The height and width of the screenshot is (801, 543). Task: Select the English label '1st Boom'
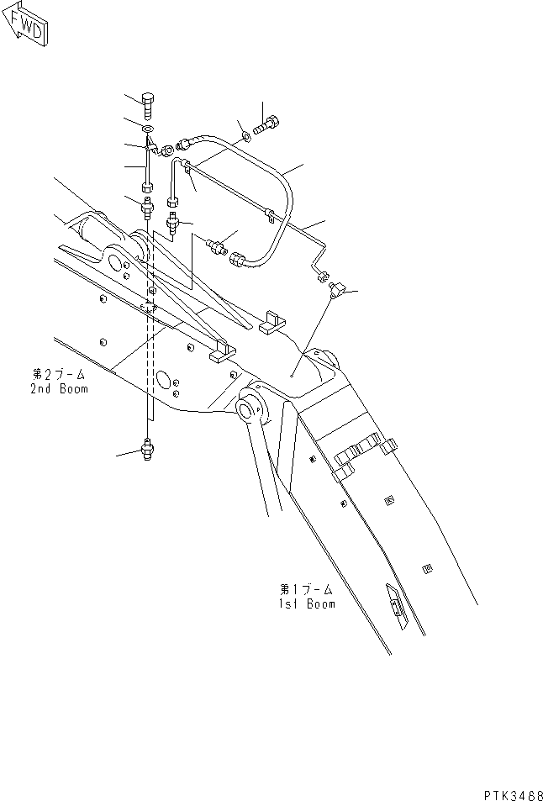pos(307,603)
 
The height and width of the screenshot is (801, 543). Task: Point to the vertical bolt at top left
pos(149,106)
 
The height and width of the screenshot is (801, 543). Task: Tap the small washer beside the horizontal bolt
pos(245,133)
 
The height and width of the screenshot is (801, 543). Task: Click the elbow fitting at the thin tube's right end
pos(336,288)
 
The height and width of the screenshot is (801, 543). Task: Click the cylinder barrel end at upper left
pos(84,227)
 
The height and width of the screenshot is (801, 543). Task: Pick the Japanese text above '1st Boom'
pos(306,589)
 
